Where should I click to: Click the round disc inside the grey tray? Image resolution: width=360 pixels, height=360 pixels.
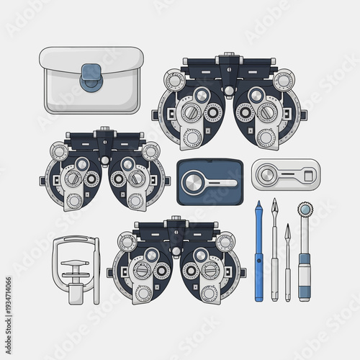point(268,174)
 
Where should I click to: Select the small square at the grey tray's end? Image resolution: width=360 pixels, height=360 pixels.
point(308,174)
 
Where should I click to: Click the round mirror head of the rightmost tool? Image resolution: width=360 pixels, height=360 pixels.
point(305,210)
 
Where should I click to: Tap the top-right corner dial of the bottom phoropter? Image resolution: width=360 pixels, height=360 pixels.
point(225,242)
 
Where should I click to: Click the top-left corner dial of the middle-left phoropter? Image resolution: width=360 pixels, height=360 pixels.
point(60,151)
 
